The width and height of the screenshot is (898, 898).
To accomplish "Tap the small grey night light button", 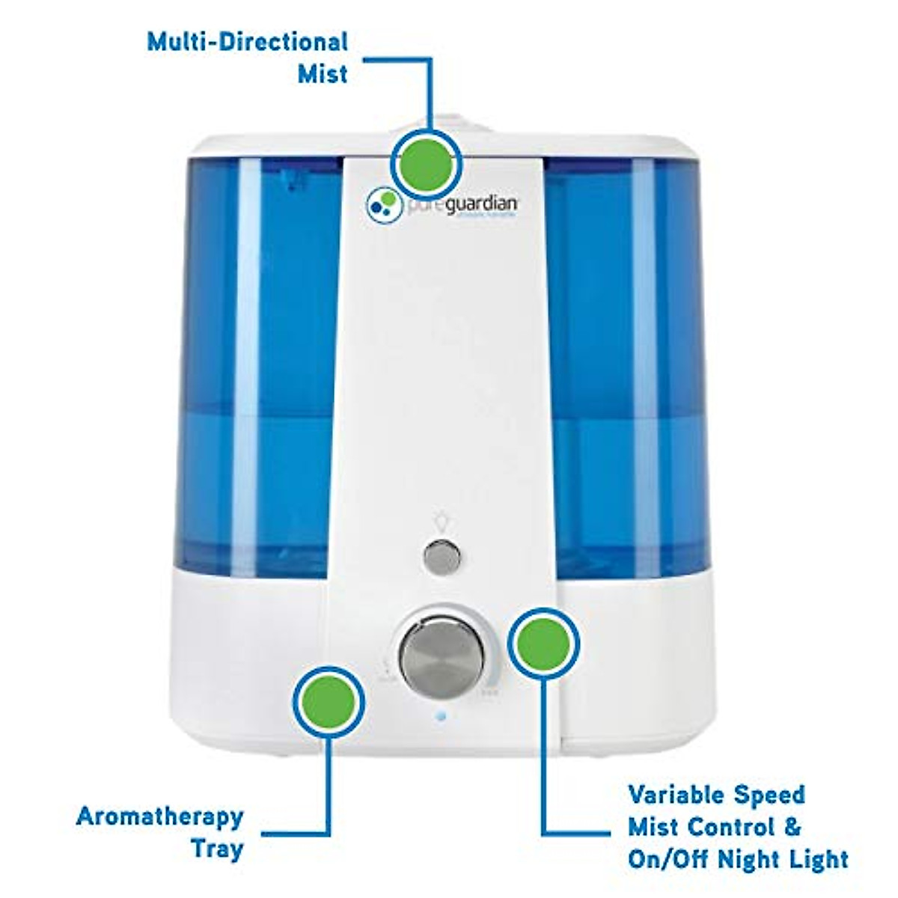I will [440, 556].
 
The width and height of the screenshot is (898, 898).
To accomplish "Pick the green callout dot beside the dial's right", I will [544, 643].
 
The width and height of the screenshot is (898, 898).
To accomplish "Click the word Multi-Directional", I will [247, 41].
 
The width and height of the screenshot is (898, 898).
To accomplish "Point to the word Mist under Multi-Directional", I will [323, 74].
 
